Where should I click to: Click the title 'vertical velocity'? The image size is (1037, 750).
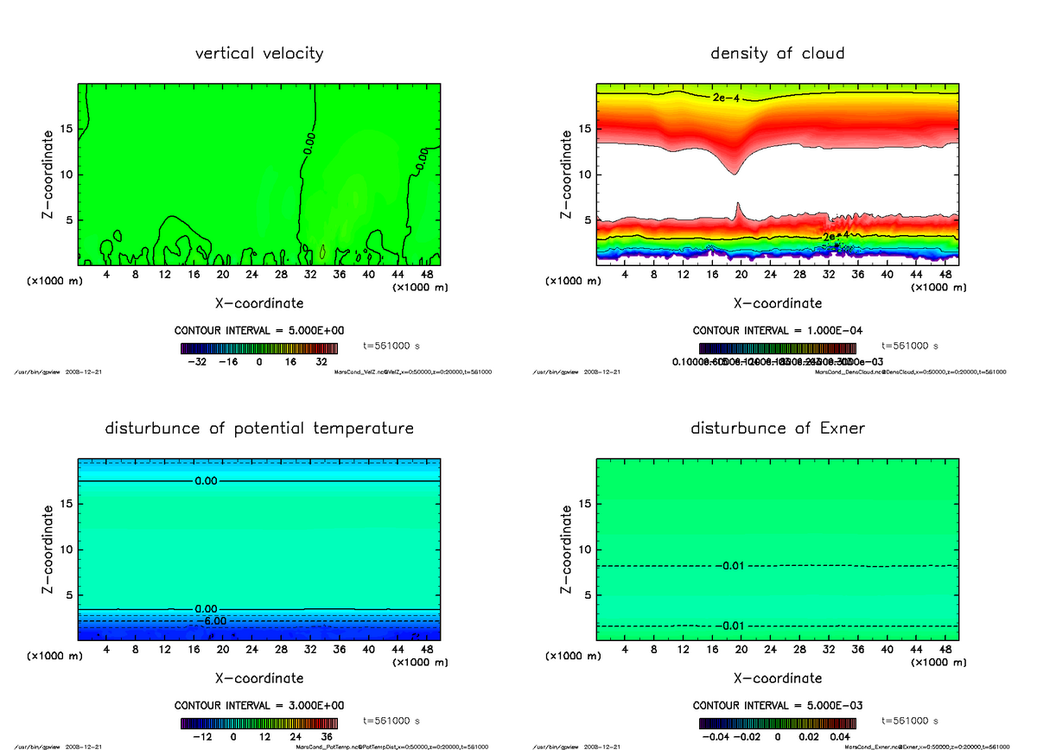[x=259, y=54]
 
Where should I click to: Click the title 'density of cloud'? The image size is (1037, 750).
[x=777, y=54]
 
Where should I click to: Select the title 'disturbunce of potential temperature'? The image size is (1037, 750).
[x=259, y=429]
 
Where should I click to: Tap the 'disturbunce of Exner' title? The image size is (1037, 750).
[x=778, y=429]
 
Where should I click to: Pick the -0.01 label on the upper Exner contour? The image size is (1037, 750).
[x=729, y=566]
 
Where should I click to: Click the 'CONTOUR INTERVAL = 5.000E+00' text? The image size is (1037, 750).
[x=259, y=331]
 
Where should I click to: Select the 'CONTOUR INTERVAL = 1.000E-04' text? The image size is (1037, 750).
[x=778, y=331]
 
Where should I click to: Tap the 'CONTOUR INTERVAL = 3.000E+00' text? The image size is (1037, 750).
[x=259, y=705]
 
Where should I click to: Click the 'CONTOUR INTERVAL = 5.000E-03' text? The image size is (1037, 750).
[x=778, y=705]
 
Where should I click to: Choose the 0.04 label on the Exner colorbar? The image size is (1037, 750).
[x=841, y=737]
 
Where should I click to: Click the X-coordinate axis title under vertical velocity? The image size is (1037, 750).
[x=259, y=303]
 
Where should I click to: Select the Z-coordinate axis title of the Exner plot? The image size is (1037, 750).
[x=567, y=550]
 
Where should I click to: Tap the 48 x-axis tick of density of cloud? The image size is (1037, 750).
[x=945, y=274]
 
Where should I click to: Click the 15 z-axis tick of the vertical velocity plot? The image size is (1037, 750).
[x=69, y=130]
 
